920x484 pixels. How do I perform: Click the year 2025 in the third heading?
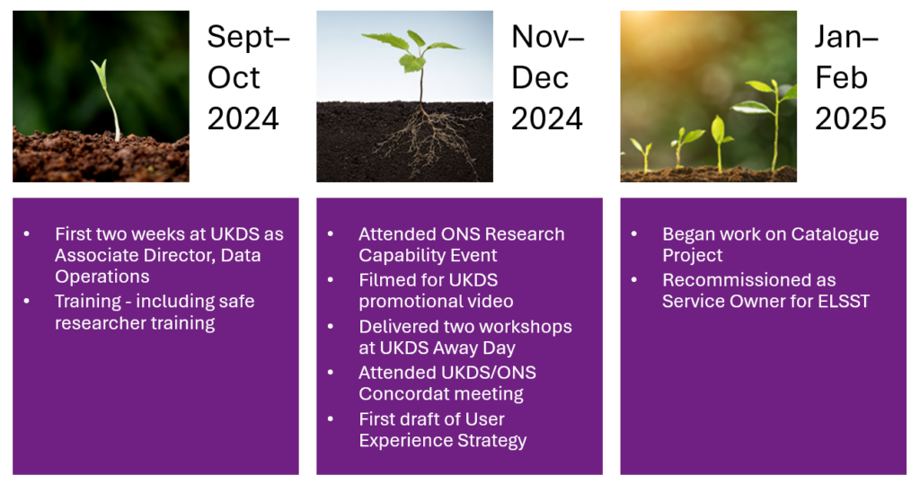click(850, 118)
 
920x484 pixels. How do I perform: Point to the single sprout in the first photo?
click(109, 99)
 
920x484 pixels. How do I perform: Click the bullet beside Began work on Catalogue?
click(634, 233)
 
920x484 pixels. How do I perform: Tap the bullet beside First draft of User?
click(331, 418)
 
